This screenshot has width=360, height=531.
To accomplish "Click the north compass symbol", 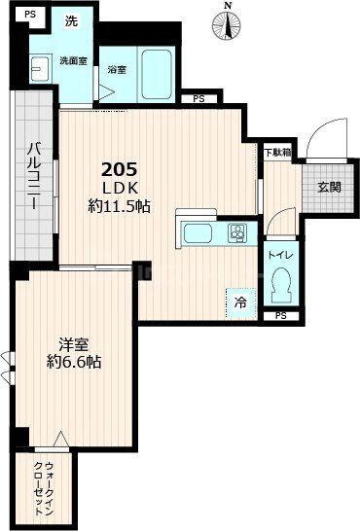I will (228, 22).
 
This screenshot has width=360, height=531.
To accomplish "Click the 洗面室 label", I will (72, 60).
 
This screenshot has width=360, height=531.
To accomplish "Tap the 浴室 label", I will (117, 70).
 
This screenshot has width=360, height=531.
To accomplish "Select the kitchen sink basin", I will (200, 233).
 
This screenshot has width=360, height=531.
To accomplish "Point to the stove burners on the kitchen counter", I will (236, 232).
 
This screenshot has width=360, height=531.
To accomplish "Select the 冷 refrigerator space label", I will (240, 303).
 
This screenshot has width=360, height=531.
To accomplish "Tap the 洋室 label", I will (74, 344).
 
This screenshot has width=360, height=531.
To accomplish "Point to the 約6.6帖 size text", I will (74, 362).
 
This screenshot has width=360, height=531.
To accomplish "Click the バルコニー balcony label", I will (33, 179).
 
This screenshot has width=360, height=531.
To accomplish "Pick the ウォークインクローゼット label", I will (43, 486).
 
